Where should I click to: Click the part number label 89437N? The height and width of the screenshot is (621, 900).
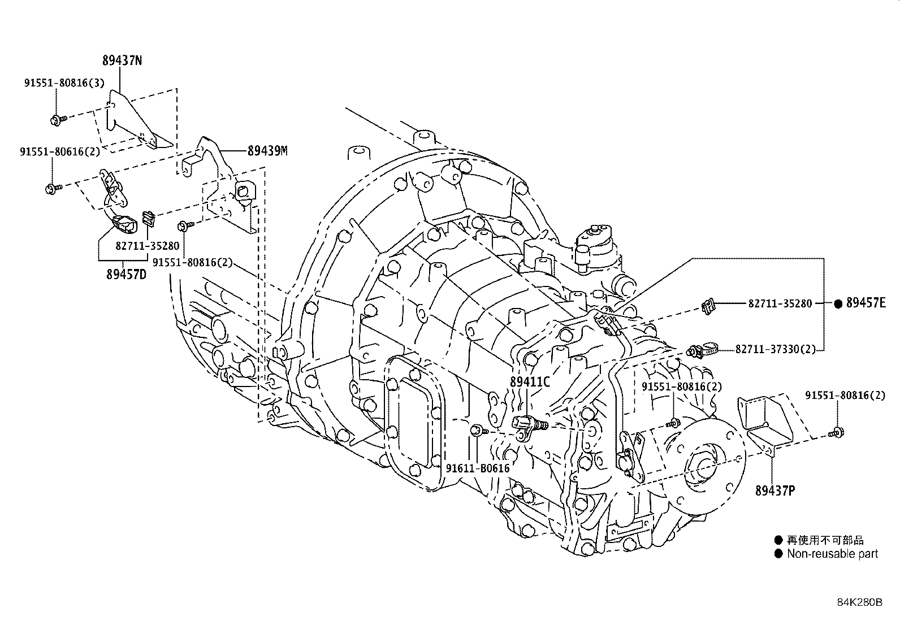(x=122, y=60)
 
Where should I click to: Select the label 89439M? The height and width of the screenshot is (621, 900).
(x=267, y=151)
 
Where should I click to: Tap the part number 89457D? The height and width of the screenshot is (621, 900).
(x=126, y=275)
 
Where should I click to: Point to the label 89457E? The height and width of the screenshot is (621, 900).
(x=866, y=303)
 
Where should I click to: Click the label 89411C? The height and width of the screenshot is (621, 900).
(x=529, y=381)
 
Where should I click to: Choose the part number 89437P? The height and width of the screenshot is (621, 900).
(x=774, y=491)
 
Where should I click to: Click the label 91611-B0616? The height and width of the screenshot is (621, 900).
(x=477, y=468)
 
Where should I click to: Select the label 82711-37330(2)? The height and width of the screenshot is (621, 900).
(x=776, y=350)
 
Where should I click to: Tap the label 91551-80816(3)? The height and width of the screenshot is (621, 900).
(x=64, y=82)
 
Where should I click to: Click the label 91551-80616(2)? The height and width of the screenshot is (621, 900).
(x=60, y=152)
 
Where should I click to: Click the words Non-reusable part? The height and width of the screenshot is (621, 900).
(x=832, y=554)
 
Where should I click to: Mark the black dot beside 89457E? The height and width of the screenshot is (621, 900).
(x=838, y=303)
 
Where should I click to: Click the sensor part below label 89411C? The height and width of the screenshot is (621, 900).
(x=528, y=425)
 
